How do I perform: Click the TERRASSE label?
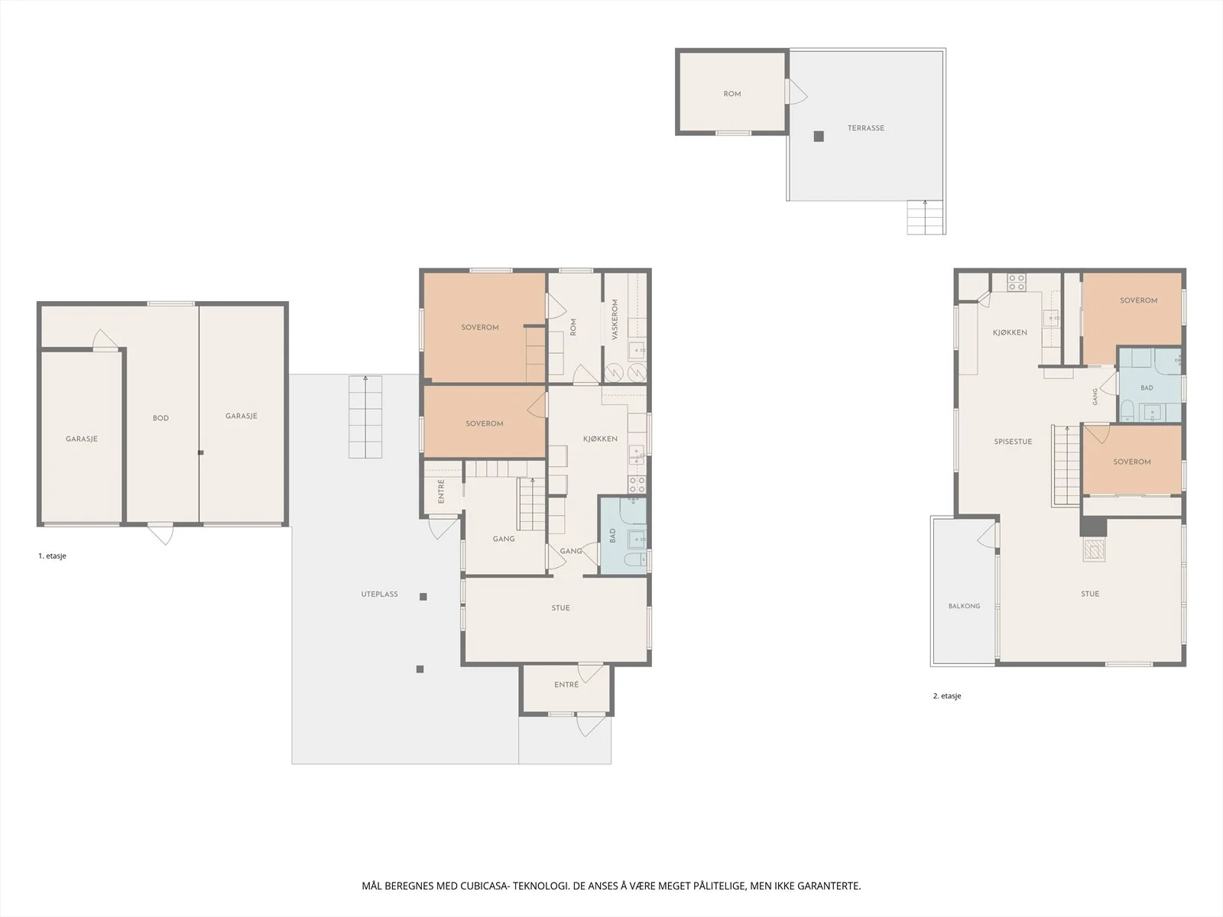click(x=866, y=128)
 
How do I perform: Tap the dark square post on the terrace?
click(x=819, y=137)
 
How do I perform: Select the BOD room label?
click(x=161, y=418)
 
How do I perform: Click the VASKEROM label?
click(x=615, y=319)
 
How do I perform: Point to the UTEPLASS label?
click(x=379, y=594)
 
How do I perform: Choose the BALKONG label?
click(x=964, y=606)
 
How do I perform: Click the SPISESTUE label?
click(x=1013, y=442)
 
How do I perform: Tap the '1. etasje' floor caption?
click(x=53, y=556)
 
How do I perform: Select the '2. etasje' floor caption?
click(x=947, y=695)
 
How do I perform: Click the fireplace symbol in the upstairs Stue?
click(x=1094, y=549)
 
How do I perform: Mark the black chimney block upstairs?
click(x=1094, y=527)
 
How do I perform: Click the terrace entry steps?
click(x=926, y=217)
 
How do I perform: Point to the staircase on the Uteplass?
click(x=365, y=417)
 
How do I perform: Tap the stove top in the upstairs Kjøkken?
click(x=1017, y=282)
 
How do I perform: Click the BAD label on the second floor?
click(x=1147, y=387)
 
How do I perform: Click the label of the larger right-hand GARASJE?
click(x=242, y=416)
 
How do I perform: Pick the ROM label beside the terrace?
click(x=732, y=94)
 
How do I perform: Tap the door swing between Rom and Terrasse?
click(x=796, y=91)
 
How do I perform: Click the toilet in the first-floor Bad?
click(x=634, y=559)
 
